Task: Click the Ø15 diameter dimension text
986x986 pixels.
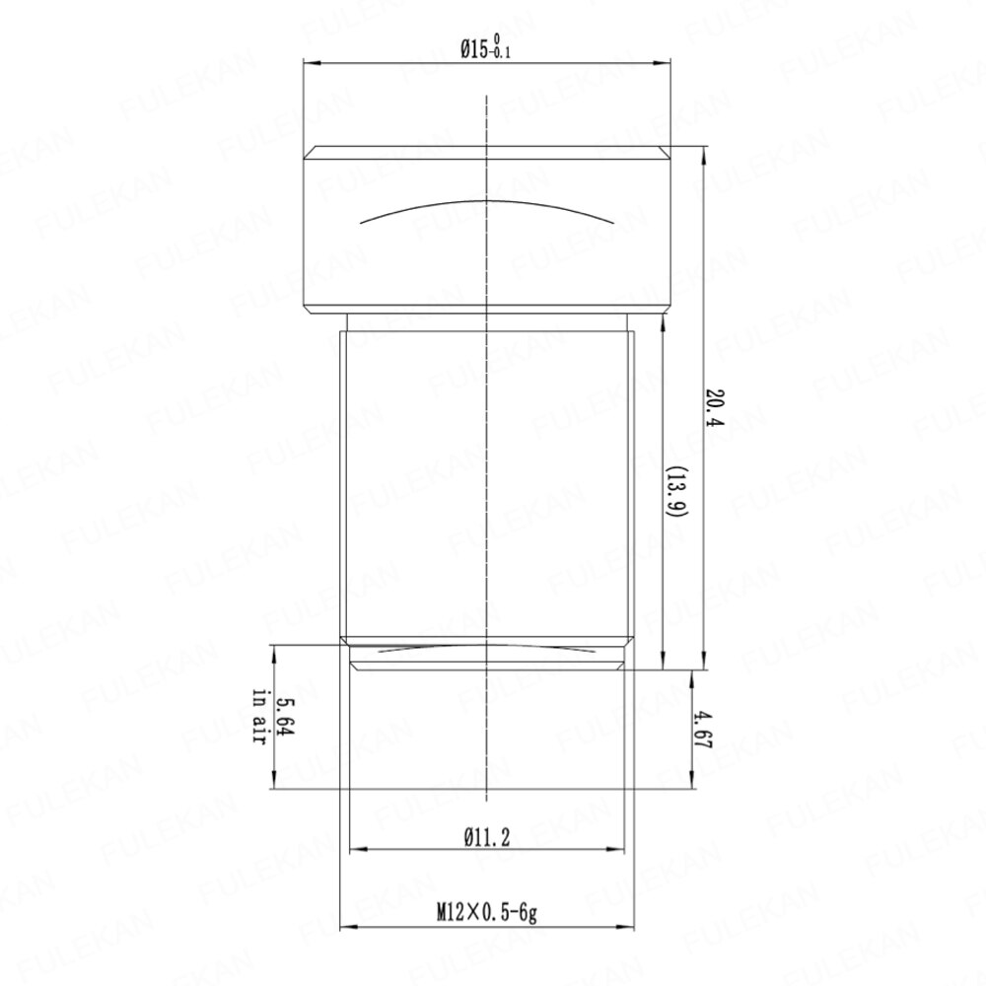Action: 485,47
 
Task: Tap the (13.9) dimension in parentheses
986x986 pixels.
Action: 676,492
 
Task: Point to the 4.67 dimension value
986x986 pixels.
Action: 702,730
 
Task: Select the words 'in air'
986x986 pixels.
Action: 259,718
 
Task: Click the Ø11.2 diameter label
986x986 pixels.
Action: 487,837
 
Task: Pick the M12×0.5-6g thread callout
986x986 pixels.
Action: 487,912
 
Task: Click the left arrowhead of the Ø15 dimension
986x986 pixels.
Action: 311,62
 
